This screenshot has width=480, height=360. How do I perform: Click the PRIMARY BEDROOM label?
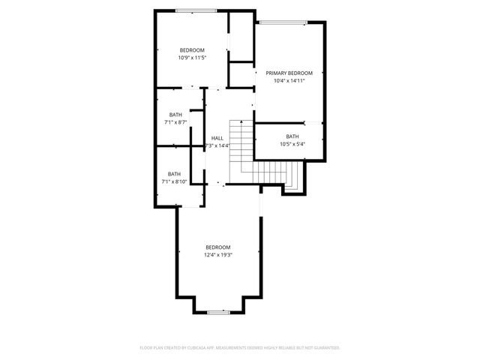[x=289, y=73]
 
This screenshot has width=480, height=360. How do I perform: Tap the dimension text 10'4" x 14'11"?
[x=289, y=80]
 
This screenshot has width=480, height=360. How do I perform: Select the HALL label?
[x=217, y=138]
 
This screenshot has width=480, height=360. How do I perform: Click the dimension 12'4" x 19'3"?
[x=218, y=255]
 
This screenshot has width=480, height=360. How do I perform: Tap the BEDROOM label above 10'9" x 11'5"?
[x=192, y=49]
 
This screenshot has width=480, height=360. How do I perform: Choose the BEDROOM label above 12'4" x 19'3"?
[x=218, y=247]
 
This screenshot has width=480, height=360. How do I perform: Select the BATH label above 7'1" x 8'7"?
[x=175, y=114]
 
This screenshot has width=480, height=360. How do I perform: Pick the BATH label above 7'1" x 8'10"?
[x=174, y=173]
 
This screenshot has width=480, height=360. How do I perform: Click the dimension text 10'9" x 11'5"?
[x=192, y=57]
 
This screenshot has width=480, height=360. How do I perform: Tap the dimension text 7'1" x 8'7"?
[x=175, y=121]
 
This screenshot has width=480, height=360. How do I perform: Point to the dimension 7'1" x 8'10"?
[x=174, y=181]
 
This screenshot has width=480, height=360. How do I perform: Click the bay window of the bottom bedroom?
[x=218, y=311]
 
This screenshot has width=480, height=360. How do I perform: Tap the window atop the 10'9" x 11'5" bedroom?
[x=196, y=10]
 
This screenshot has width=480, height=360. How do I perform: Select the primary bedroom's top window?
[x=283, y=22]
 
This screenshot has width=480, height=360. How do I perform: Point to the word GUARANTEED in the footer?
[x=325, y=348]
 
